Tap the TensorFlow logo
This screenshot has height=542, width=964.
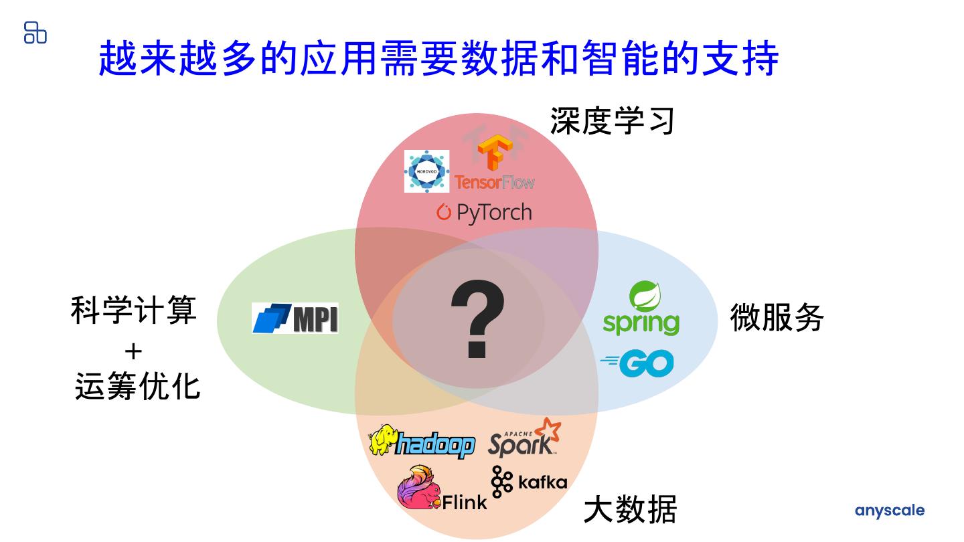[495, 165]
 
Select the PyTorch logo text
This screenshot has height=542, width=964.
[484, 213]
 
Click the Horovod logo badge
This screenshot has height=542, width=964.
[426, 171]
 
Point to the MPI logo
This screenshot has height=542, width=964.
[295, 318]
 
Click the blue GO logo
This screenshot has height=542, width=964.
[637, 363]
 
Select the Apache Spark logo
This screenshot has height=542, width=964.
[524, 438]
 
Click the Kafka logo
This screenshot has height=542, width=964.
[529, 482]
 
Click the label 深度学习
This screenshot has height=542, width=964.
[612, 121]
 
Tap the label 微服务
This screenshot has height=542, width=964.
[777, 317]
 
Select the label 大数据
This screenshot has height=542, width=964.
[630, 509]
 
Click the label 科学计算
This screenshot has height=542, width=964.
[134, 311]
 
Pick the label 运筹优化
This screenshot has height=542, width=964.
[137, 387]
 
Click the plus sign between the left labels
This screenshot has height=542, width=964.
[134, 350]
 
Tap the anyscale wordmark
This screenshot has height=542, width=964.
[889, 511]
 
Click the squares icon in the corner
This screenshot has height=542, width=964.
[35, 32]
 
